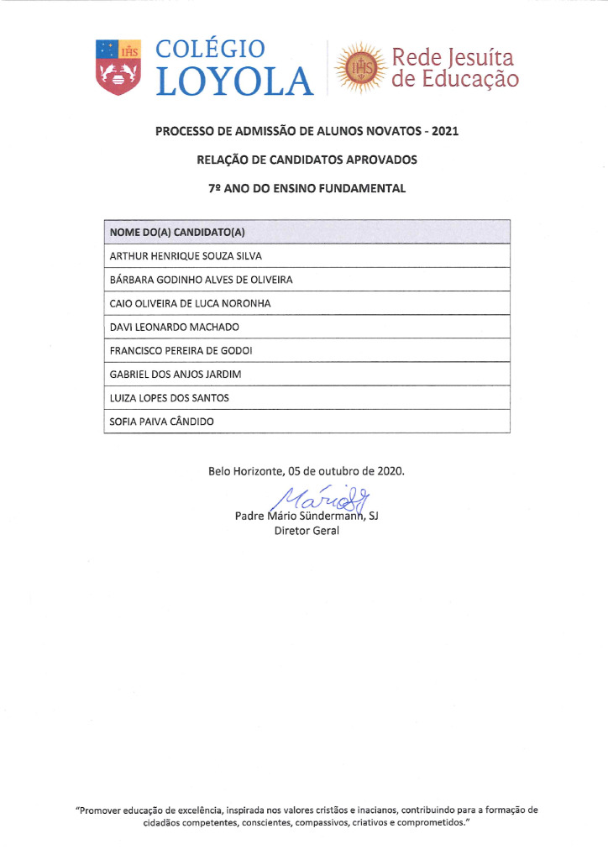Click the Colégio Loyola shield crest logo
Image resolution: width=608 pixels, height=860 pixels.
click(118, 66)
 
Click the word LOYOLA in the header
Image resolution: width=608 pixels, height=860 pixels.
click(234, 81)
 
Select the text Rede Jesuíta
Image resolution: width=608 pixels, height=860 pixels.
click(453, 57)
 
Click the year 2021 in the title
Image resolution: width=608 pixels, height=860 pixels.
click(444, 132)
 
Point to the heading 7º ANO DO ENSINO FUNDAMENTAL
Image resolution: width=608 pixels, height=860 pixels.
click(307, 189)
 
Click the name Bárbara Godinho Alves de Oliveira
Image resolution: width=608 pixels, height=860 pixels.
click(201, 280)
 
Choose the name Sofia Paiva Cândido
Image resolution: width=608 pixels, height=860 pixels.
click(161, 421)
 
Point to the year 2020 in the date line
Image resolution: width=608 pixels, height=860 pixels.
click(389, 471)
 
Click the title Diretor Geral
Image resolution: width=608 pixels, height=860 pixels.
click(307, 532)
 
